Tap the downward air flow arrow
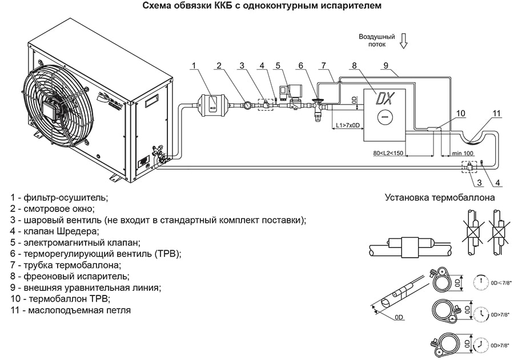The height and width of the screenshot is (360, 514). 404,41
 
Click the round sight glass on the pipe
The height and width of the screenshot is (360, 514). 246,105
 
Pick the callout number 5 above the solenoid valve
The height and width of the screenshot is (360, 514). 278,66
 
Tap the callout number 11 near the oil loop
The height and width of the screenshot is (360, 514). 496,113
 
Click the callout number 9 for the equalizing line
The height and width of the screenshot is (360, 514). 386,66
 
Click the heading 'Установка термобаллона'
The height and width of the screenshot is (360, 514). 439,198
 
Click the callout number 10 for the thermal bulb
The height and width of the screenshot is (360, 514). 460,113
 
